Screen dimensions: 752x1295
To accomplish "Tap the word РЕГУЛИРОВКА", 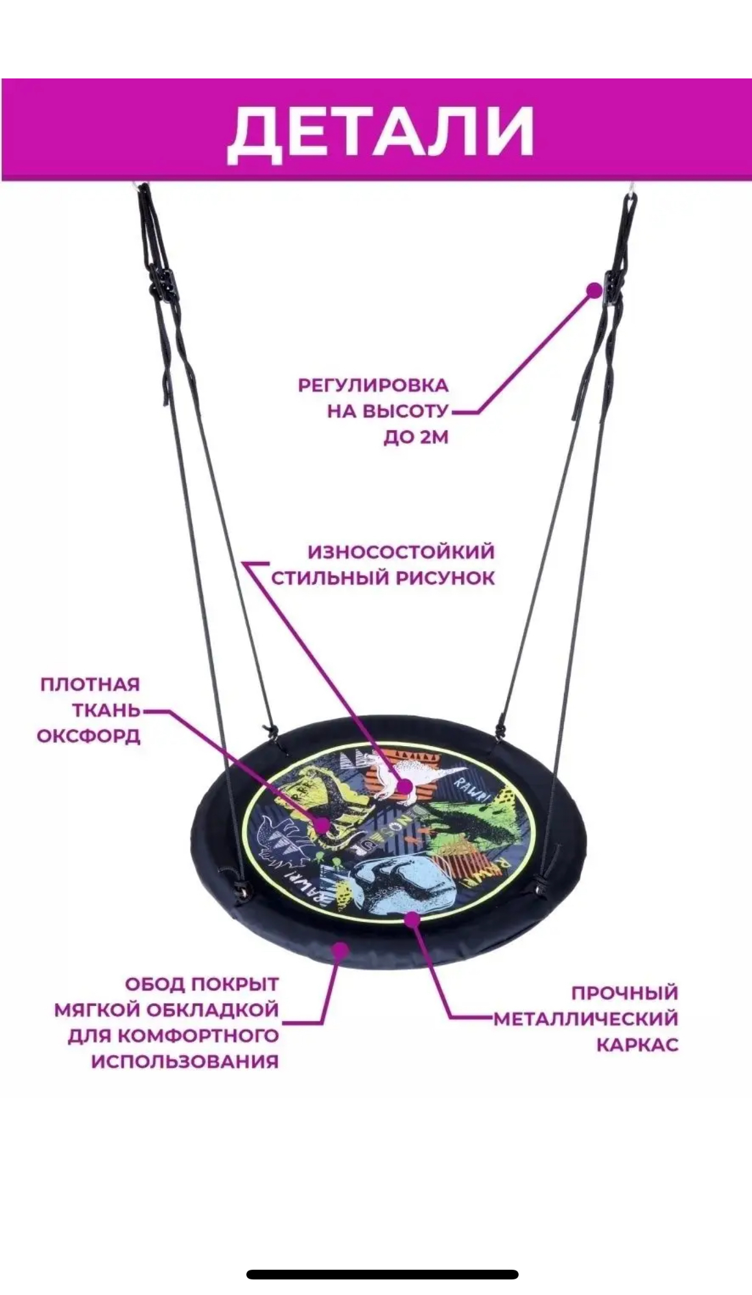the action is pyautogui.click(x=373, y=386).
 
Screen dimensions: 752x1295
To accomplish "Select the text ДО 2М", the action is pyautogui.click(x=416, y=437).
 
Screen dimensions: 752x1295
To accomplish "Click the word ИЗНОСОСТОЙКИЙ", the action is pyautogui.click(x=401, y=552).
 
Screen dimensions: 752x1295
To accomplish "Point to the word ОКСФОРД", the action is pyautogui.click(x=89, y=736).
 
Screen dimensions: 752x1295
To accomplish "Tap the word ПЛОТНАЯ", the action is pyautogui.click(x=90, y=684).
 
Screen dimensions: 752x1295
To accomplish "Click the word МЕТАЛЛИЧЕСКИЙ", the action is pyautogui.click(x=586, y=1018).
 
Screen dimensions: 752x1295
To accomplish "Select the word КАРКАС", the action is pyautogui.click(x=637, y=1044).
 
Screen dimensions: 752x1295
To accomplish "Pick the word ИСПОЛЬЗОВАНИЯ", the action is pyautogui.click(x=185, y=1061).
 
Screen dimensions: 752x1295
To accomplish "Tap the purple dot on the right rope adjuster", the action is pyautogui.click(x=594, y=290).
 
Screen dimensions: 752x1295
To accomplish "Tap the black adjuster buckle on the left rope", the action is pyautogui.click(x=159, y=282).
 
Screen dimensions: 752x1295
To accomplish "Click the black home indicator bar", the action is pyautogui.click(x=382, y=1274).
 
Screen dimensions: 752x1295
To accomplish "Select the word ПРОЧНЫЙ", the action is pyautogui.click(x=624, y=992).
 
